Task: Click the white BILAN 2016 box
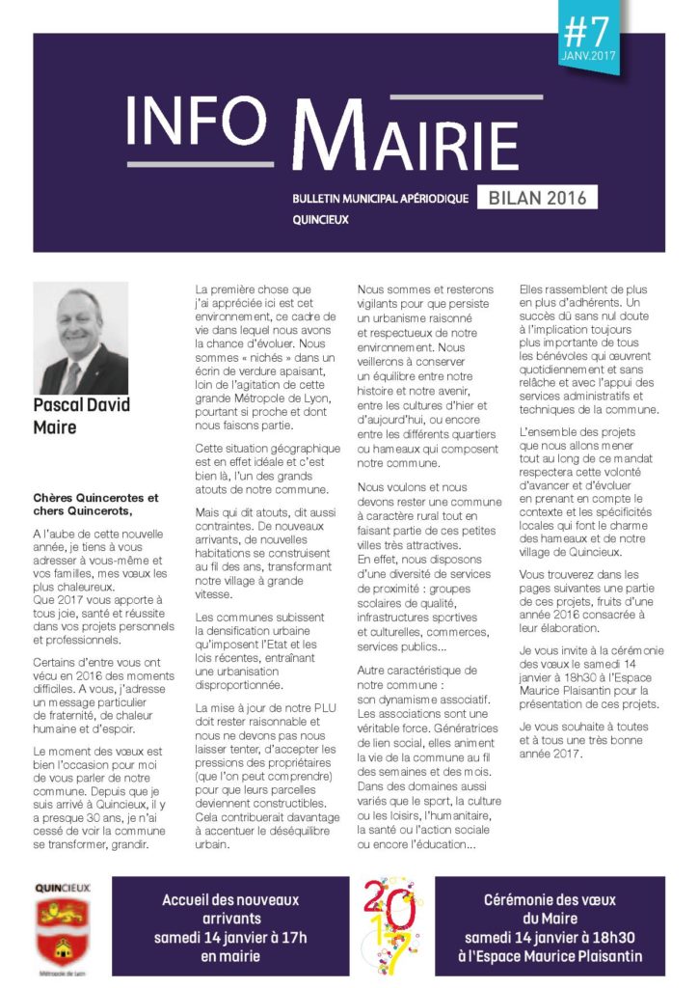click(x=536, y=198)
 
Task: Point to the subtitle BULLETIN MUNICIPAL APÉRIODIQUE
click(x=380, y=199)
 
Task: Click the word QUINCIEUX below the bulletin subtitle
click(x=320, y=220)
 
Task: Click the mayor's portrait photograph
click(x=80, y=338)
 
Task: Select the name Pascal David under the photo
click(x=81, y=404)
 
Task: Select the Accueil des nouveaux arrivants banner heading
click(x=230, y=909)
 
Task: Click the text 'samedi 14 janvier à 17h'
click(x=230, y=937)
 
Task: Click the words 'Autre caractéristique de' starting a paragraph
click(x=416, y=670)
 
